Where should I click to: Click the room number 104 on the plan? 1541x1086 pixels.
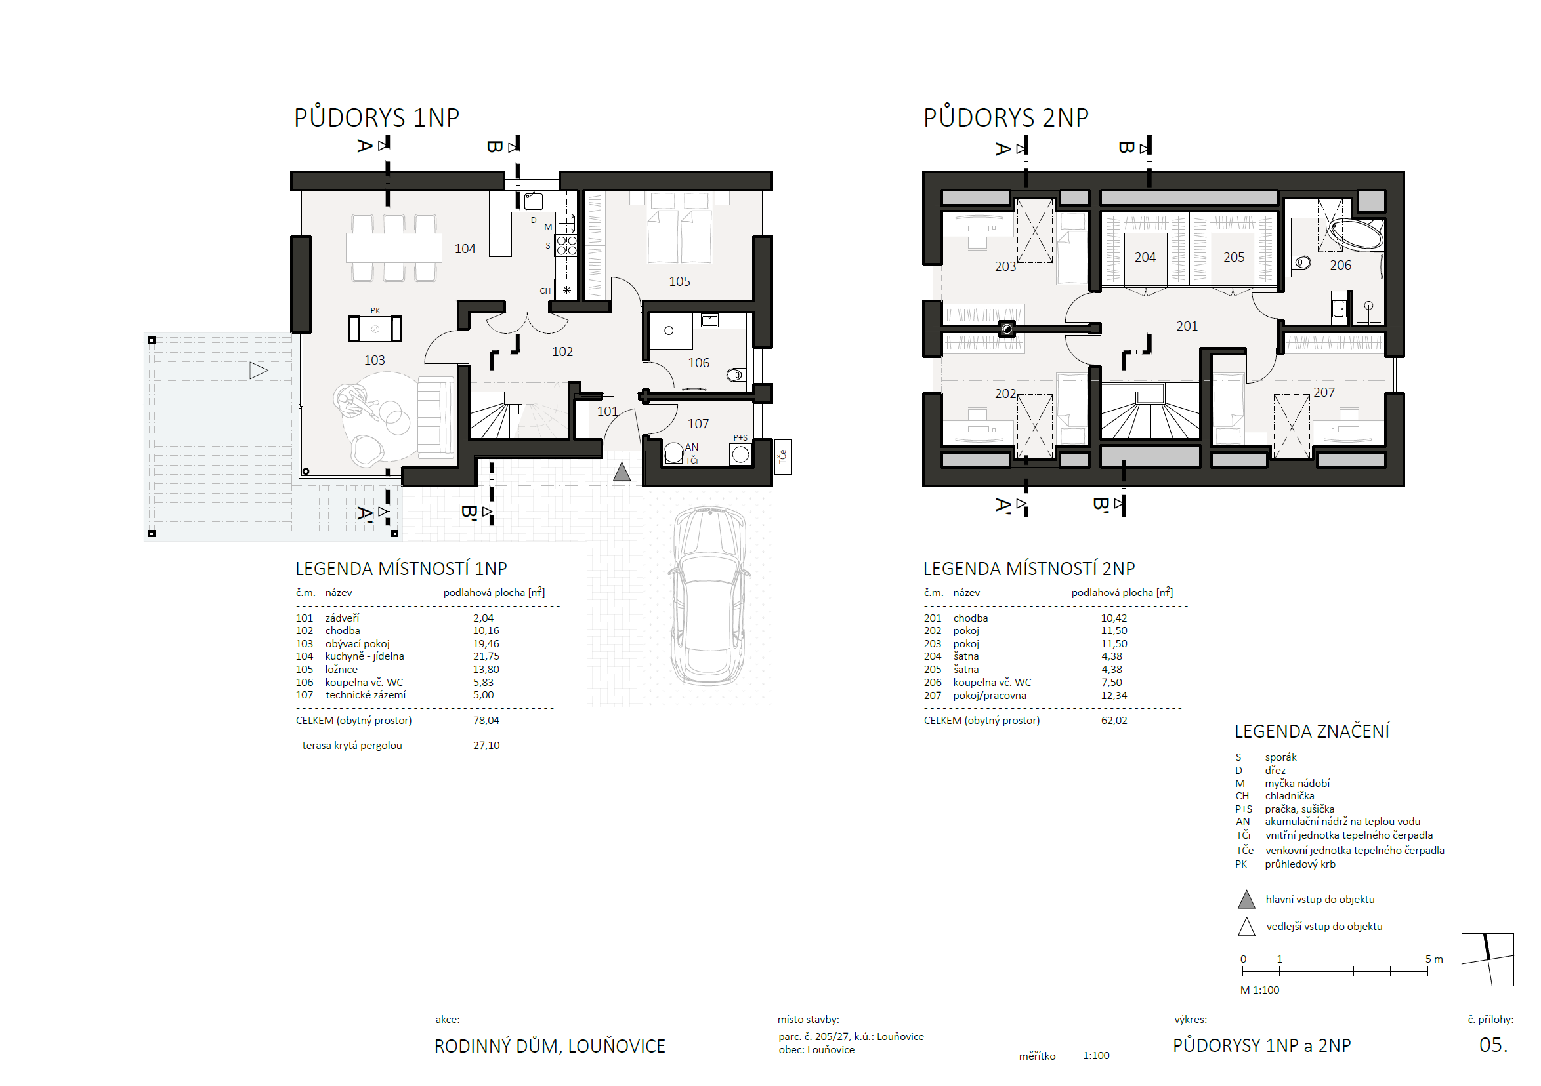coord(465,249)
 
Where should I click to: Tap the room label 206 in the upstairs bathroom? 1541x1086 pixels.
coord(1340,265)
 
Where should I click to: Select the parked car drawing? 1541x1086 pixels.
coord(709,595)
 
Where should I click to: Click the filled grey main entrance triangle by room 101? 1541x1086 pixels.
coord(622,472)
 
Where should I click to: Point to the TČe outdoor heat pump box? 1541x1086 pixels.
coord(782,457)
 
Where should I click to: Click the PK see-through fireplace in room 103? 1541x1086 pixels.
coord(375,329)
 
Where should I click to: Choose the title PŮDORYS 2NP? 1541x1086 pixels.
coord(1006,117)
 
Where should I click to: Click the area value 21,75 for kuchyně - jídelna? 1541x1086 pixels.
coord(486,656)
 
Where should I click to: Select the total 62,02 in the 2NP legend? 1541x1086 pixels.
coord(1114,721)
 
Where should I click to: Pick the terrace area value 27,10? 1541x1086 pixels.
coord(486,745)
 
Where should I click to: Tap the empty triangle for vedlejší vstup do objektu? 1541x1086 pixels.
coord(1246,927)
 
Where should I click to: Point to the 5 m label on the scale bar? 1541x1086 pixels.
coord(1434,959)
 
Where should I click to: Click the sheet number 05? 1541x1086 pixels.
coord(1493,1045)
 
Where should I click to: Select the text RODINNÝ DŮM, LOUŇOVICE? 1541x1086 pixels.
coord(550,1046)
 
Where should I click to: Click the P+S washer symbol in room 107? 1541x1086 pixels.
coord(740,454)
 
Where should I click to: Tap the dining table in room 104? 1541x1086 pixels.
coord(394,247)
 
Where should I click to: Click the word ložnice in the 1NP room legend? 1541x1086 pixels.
coord(341,670)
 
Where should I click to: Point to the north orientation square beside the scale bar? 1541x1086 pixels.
coord(1487,960)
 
